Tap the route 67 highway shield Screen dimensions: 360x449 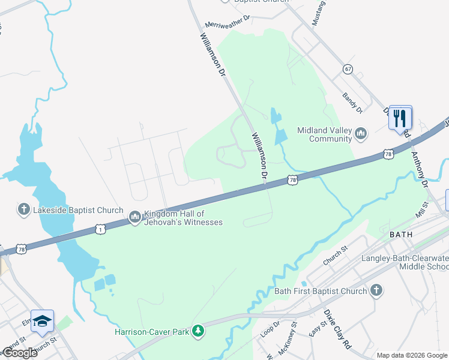[348, 69]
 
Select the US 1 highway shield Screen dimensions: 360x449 [100, 229]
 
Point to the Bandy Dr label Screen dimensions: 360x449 [352, 103]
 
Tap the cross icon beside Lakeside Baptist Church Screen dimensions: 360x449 [23, 209]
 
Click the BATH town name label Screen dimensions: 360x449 [401, 233]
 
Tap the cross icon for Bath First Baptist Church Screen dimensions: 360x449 [376, 291]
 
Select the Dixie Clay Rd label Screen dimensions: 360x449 [337, 329]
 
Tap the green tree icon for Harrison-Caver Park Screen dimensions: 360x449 [197, 331]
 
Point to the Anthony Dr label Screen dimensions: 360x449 [418, 168]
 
